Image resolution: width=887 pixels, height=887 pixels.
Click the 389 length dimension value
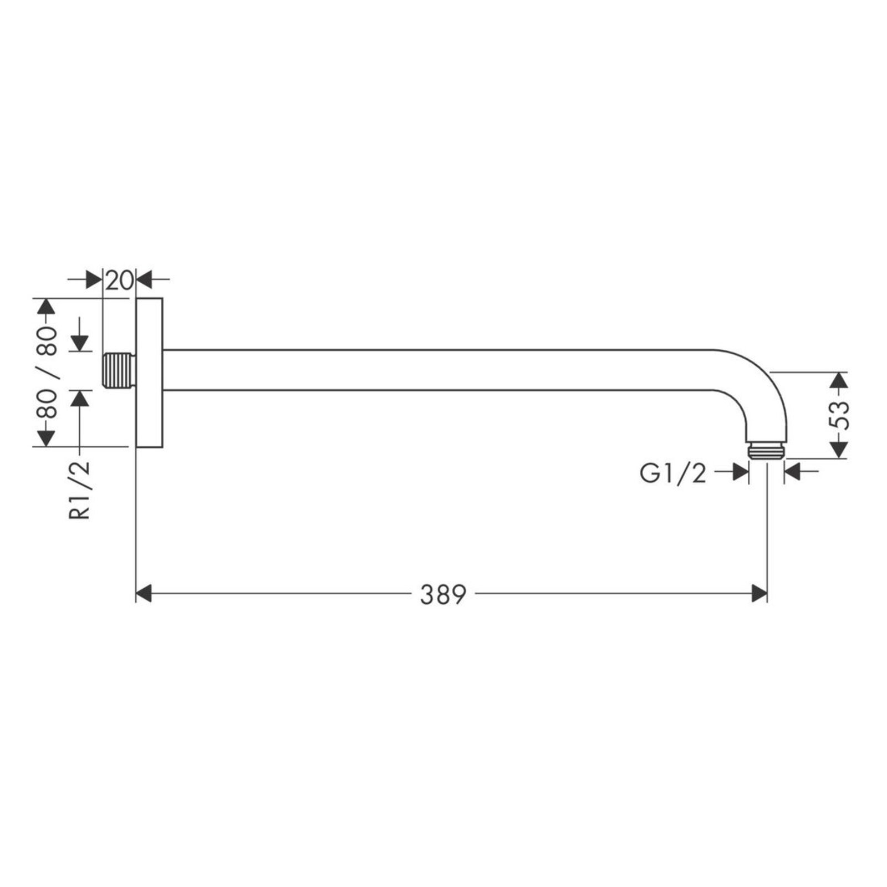pos(443,594)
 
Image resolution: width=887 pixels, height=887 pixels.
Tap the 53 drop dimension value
pos(840,415)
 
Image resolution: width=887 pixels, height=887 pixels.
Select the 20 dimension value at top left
pos(119,281)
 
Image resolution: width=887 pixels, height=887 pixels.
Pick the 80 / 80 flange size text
pos(47,373)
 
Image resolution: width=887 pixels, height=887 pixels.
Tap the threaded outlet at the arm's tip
pos(766,450)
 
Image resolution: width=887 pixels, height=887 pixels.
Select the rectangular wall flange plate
pos(149,372)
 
